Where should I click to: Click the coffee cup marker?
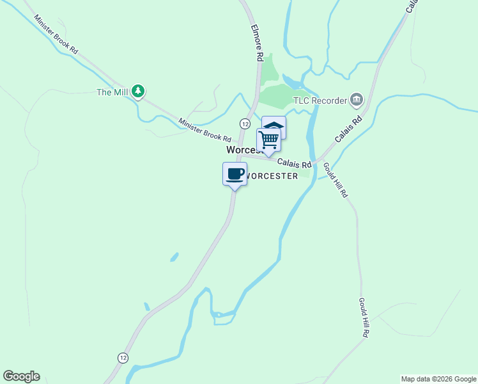(x=235, y=174)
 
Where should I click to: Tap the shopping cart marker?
(x=269, y=140)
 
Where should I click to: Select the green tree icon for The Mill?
(x=138, y=92)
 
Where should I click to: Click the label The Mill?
(x=112, y=92)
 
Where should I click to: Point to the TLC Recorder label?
(x=320, y=100)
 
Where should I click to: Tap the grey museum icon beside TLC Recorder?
(x=357, y=100)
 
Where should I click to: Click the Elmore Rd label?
(x=257, y=43)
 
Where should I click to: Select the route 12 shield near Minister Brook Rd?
(x=245, y=123)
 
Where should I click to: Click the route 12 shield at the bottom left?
(x=122, y=357)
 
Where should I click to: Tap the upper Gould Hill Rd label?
(x=335, y=179)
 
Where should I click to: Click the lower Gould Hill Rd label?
(x=364, y=318)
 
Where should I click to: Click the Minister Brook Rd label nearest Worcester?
(x=204, y=130)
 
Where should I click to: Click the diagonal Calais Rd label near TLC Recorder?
(x=348, y=129)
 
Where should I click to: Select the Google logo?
(x=21, y=376)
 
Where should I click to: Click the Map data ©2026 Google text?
(x=438, y=379)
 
